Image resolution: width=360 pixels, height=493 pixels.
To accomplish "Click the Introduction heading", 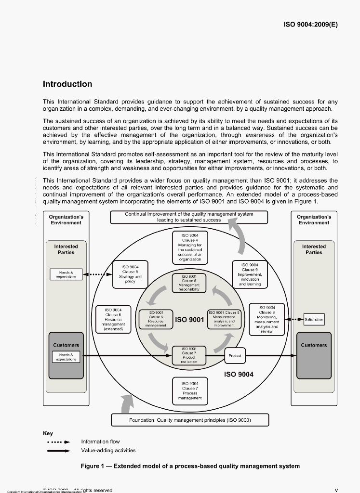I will pos(67,84).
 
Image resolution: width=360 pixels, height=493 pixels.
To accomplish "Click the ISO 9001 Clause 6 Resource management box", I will pos(154,319).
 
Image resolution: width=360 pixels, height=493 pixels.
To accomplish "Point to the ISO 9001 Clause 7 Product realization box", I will pos(188,355).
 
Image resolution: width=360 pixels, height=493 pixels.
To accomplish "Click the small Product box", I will pos(235,356).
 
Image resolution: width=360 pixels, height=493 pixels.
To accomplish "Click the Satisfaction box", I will pos(314,319).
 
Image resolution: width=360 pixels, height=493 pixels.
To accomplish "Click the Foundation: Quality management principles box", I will pos(190,420).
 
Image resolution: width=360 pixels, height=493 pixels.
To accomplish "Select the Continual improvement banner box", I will pos(189,217).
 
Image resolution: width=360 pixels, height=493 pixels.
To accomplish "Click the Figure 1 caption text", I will pos(190,466).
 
